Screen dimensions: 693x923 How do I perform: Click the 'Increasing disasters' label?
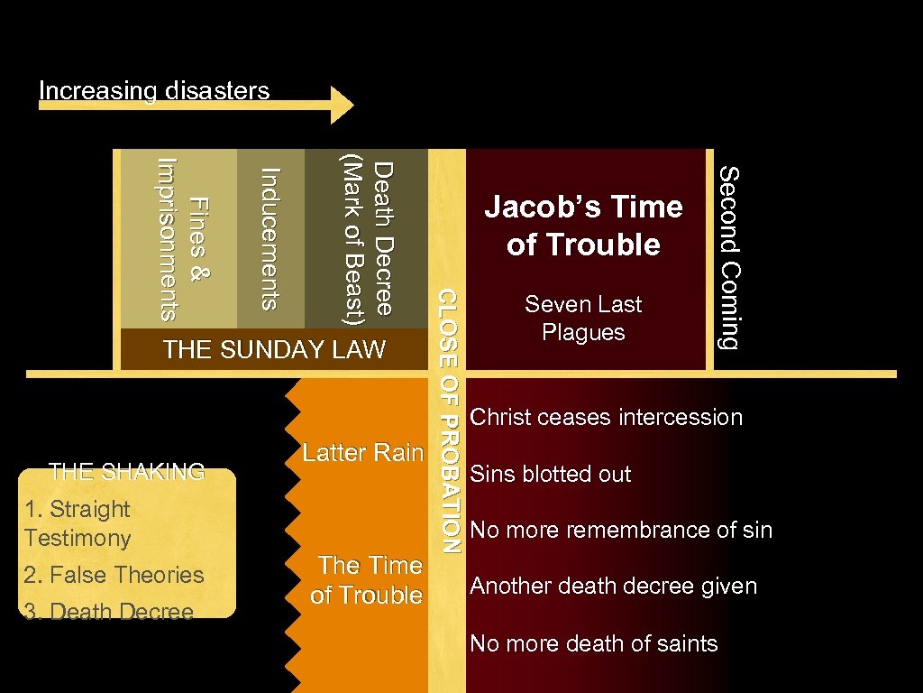154,91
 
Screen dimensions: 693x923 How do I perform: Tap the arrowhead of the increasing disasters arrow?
343,105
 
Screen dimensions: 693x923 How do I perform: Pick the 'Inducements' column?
270,239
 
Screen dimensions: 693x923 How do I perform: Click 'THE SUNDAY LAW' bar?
274,349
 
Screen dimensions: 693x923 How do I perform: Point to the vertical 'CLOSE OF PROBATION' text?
449,420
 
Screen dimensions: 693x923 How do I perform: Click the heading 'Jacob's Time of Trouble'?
583,226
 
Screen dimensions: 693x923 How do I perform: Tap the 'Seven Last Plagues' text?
583,318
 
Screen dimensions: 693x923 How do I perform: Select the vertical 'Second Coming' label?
729,257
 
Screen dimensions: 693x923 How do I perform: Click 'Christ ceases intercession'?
607,417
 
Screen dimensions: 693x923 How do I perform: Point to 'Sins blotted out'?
551,474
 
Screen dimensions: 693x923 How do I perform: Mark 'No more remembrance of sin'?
621,530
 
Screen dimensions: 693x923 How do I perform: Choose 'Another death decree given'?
614,587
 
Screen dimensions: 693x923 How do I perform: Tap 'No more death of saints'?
594,643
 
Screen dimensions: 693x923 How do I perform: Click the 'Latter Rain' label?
362,452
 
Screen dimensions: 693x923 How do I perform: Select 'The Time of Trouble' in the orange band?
367,579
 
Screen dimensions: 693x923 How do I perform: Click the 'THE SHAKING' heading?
126,471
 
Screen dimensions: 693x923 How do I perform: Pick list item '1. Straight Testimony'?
78,523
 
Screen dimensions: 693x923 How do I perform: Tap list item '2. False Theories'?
114,575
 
